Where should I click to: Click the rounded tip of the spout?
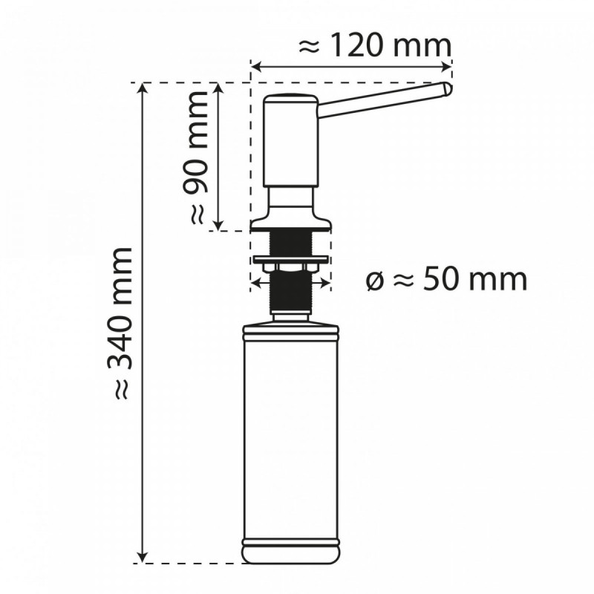446,89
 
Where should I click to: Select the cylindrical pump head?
292,141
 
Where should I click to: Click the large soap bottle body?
292,438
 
